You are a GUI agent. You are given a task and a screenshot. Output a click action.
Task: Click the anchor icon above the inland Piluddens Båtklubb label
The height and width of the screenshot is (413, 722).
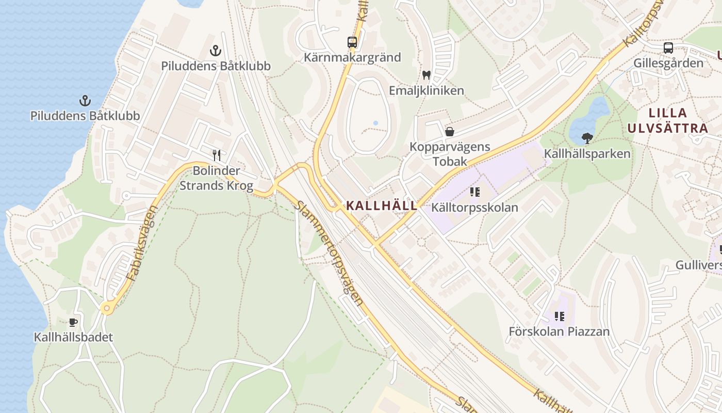[x=216, y=51]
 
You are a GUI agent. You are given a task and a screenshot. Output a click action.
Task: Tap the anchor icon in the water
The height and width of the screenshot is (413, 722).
[x=85, y=100]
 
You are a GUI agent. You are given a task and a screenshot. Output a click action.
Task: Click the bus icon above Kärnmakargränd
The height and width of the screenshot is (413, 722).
[x=352, y=42]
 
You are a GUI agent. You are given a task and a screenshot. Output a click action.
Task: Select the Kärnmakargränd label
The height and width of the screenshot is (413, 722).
[x=352, y=57]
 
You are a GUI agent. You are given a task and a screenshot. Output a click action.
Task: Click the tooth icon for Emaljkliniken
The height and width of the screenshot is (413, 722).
[x=426, y=75]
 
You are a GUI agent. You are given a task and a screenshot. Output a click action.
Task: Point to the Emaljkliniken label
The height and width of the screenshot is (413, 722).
[x=426, y=91]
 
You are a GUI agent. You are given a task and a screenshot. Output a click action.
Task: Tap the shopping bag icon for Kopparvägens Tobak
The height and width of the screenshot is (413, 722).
[x=450, y=132]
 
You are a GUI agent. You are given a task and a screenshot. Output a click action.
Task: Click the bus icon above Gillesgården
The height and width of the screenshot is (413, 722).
[x=668, y=48]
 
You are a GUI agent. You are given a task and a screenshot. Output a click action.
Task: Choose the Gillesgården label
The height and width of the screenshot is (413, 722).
[x=668, y=63]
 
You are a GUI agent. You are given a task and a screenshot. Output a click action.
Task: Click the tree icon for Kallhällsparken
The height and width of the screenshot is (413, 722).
[x=587, y=138]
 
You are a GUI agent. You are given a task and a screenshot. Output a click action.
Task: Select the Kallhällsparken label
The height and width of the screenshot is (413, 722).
[x=587, y=154]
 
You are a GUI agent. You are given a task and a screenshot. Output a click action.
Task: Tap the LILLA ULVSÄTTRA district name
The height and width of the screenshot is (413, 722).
[x=668, y=120]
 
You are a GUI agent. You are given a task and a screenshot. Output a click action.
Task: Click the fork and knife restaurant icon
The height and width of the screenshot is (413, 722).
[x=217, y=155]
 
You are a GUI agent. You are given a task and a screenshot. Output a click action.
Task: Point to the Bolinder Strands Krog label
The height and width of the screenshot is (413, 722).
[x=216, y=178]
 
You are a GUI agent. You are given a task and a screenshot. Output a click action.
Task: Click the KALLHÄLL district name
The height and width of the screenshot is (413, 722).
[x=382, y=205]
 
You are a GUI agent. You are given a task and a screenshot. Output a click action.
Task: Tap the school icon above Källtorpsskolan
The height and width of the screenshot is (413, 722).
[x=475, y=193]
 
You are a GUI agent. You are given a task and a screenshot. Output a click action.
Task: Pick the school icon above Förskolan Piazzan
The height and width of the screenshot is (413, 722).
[x=560, y=316]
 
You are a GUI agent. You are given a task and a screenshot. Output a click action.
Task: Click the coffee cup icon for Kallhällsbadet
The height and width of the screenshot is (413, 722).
[x=73, y=323]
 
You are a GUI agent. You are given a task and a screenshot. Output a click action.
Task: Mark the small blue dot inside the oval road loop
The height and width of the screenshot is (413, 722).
[x=375, y=123]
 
